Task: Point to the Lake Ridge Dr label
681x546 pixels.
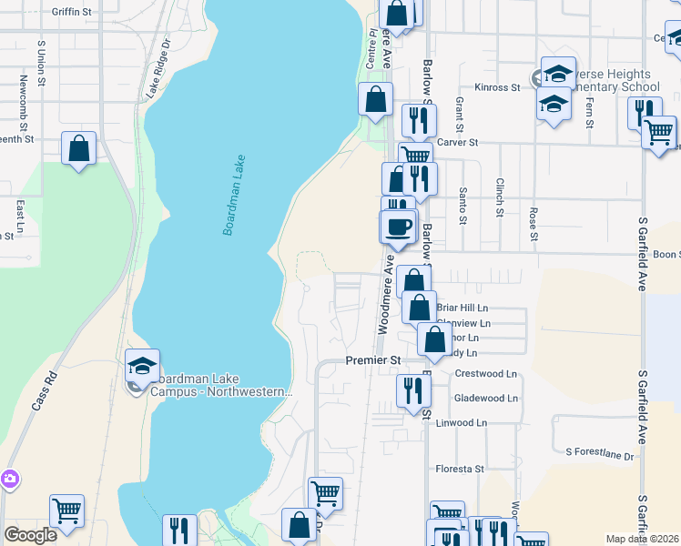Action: pyautogui.click(x=158, y=68)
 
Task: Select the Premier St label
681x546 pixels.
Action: pyautogui.click(x=373, y=360)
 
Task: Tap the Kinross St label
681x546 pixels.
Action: pyautogui.click(x=502, y=87)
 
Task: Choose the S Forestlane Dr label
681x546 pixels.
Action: pyautogui.click(x=598, y=452)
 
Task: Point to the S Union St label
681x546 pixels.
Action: pyautogui.click(x=42, y=56)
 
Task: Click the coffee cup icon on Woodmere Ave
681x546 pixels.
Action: pyautogui.click(x=398, y=226)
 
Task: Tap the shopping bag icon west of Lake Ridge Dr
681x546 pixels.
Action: pyautogui.click(x=79, y=147)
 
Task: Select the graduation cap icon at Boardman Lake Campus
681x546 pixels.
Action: pyautogui.click(x=142, y=365)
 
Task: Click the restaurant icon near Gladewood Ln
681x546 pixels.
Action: pyautogui.click(x=413, y=390)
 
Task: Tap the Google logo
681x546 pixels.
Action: pyautogui.click(x=30, y=534)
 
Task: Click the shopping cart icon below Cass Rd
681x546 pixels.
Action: pyautogui.click(x=66, y=511)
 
